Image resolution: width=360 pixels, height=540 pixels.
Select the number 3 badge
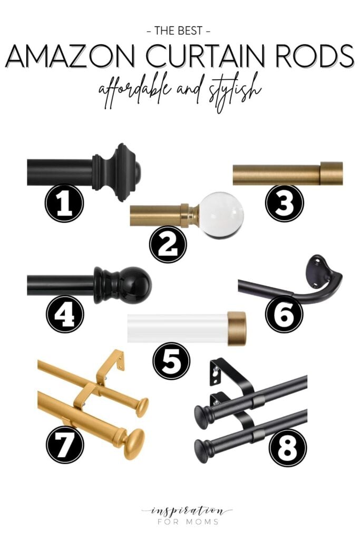pos(285,202)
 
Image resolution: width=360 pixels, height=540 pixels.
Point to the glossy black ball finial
pos(135,285)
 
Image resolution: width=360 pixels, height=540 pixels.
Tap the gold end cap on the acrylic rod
pos(237,329)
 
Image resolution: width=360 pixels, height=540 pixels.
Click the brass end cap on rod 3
pos(331,173)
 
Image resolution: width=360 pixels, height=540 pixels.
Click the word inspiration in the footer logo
pos(179,510)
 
